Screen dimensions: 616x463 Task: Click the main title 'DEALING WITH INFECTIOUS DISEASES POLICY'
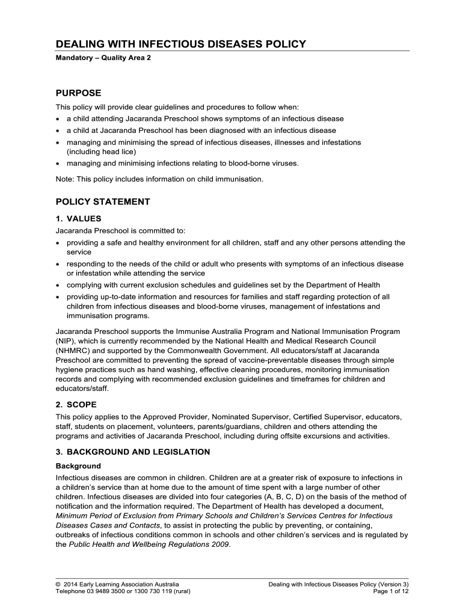(x=181, y=44)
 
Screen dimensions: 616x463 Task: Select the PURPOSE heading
(x=78, y=93)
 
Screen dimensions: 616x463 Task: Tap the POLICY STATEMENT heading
(x=102, y=202)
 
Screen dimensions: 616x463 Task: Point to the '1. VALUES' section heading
(x=78, y=218)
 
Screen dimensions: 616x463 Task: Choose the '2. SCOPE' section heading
(x=76, y=404)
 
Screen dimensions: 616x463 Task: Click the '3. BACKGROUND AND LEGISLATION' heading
(x=132, y=451)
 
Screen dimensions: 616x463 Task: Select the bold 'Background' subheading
(x=78, y=466)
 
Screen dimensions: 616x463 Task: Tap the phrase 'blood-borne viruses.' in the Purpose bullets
(x=264, y=162)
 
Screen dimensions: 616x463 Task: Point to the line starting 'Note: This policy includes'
(x=159, y=179)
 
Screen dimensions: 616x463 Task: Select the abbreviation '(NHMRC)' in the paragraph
(x=73, y=350)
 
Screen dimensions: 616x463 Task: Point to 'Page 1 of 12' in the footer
(x=391, y=591)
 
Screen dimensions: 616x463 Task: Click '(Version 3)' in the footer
(x=391, y=584)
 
